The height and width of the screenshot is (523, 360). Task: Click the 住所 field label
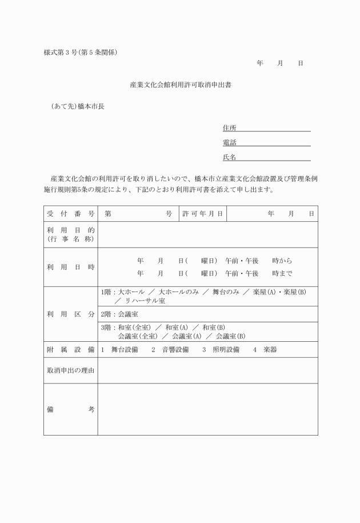229,127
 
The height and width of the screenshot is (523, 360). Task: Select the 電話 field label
229,142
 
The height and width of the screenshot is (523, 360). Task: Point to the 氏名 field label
229,157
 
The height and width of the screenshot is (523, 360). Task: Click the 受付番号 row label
71,214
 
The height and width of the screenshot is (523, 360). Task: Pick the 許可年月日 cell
202,214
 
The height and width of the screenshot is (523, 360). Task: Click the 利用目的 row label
71,234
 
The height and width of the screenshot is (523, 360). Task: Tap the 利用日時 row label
71,267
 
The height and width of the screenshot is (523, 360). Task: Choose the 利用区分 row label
71,314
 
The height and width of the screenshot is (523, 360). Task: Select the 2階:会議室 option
119,314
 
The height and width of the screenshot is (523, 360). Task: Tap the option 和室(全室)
134,328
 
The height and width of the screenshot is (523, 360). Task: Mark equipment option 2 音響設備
170,349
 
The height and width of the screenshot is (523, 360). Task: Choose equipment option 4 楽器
265,349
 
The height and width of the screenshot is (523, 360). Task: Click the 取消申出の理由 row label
71,370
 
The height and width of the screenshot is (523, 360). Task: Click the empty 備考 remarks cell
207,409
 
